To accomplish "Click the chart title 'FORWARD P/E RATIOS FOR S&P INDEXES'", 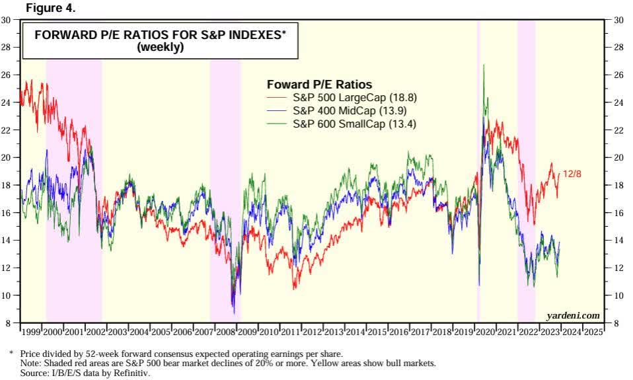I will coord(160,36).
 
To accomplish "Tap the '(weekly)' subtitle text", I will coord(160,48).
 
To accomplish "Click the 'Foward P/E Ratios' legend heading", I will coord(319,85).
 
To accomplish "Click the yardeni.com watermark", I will coord(573,316).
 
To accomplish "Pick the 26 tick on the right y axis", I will coord(619,75).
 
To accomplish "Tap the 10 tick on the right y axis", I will coord(619,295).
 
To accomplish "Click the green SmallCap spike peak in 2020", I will coord(484,65).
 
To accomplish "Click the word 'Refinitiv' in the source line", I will coord(134,373).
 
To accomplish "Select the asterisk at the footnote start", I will coord(11,353).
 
